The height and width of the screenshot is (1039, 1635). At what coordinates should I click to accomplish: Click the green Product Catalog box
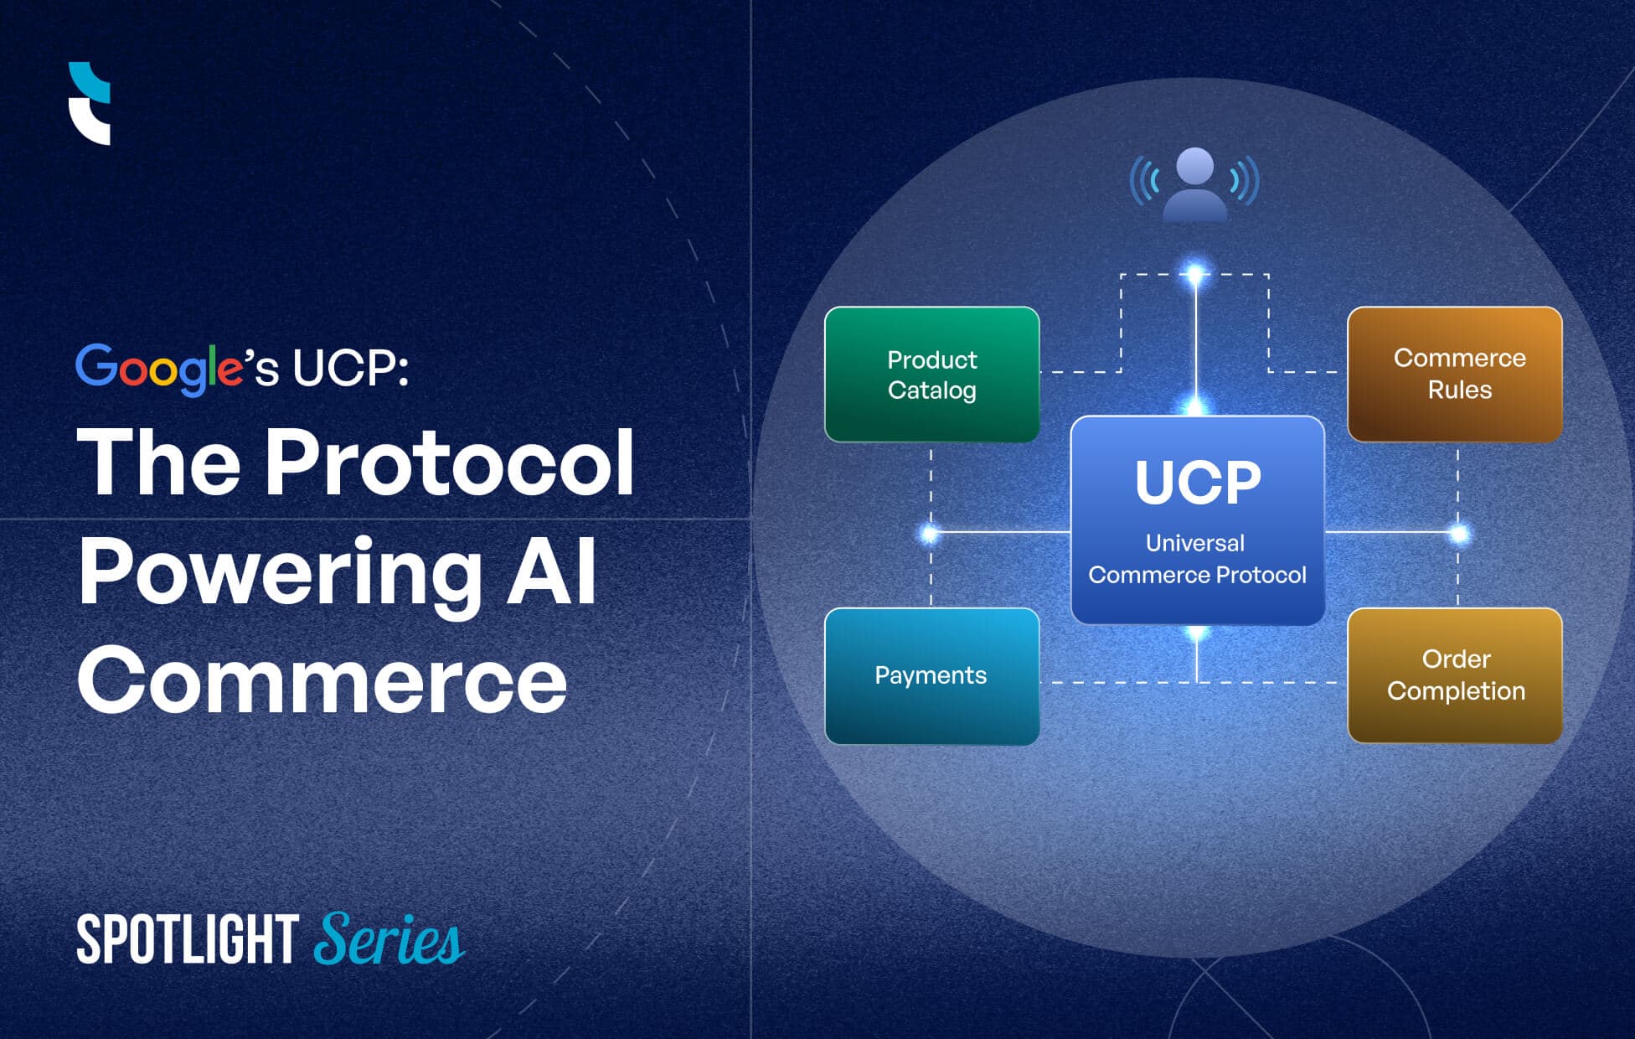pos(931,375)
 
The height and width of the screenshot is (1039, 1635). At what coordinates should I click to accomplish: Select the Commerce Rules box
pos(1455,375)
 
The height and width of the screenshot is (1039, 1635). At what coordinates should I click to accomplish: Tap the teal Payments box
pos(931,675)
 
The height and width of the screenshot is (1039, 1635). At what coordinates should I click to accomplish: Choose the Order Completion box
pos(1455,675)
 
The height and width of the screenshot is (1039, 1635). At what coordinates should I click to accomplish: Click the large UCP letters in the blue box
pos(1197,483)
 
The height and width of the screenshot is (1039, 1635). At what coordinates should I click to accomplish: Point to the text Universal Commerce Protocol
pos(1197,559)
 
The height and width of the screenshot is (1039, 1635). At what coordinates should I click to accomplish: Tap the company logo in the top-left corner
pos(90,103)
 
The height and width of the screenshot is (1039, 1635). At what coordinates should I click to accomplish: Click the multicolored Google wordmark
pos(159,368)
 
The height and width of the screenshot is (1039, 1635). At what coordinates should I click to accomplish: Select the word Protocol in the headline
pos(450,463)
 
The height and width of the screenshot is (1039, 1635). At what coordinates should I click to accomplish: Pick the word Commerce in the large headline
pos(322,680)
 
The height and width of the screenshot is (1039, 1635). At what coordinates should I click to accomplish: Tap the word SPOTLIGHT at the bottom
pos(188,939)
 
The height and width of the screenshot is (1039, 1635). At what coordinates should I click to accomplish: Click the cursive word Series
pos(389,939)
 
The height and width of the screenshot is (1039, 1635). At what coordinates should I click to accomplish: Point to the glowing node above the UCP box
pos(1195,273)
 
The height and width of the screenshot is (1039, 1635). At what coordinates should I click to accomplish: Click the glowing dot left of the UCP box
pos(930,533)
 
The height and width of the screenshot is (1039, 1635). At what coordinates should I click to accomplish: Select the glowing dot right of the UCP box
pos(1459,533)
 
